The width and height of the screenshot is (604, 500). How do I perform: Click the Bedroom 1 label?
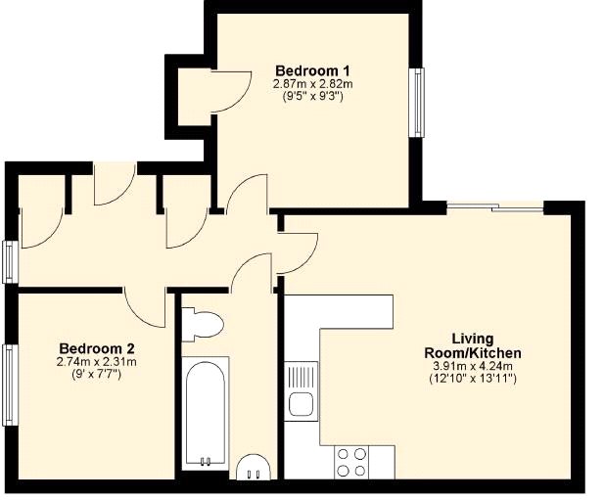313,70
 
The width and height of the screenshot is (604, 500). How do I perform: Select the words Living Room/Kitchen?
472,345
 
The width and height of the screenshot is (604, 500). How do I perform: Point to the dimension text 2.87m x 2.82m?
313,84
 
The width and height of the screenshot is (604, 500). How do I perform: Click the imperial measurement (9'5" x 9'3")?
313,97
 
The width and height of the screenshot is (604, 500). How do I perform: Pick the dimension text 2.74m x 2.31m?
97,362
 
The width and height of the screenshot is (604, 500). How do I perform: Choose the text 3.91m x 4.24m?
472,366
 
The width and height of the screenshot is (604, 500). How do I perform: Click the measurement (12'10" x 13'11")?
472,379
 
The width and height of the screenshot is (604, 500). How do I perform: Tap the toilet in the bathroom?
203,325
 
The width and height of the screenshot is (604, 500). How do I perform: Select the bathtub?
205,412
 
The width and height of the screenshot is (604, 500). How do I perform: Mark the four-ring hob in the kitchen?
351,461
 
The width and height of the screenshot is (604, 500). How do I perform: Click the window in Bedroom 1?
420,102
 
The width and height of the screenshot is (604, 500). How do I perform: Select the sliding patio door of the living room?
495,206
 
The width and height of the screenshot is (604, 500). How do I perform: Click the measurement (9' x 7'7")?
97,375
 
